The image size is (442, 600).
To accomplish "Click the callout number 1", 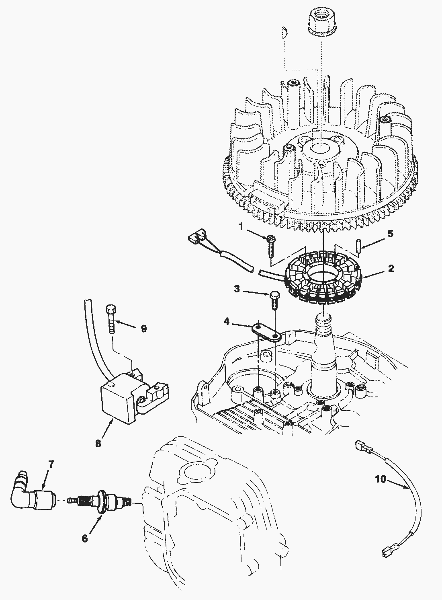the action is coord(241,227).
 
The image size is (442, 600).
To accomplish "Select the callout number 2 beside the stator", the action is coord(391,268).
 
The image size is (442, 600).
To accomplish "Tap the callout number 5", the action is coord(391,234).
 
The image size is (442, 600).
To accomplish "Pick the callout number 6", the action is coord(85,538).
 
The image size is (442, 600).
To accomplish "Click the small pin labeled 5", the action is coord(358,246).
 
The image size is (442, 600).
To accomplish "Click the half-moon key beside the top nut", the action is coord(284,33).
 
